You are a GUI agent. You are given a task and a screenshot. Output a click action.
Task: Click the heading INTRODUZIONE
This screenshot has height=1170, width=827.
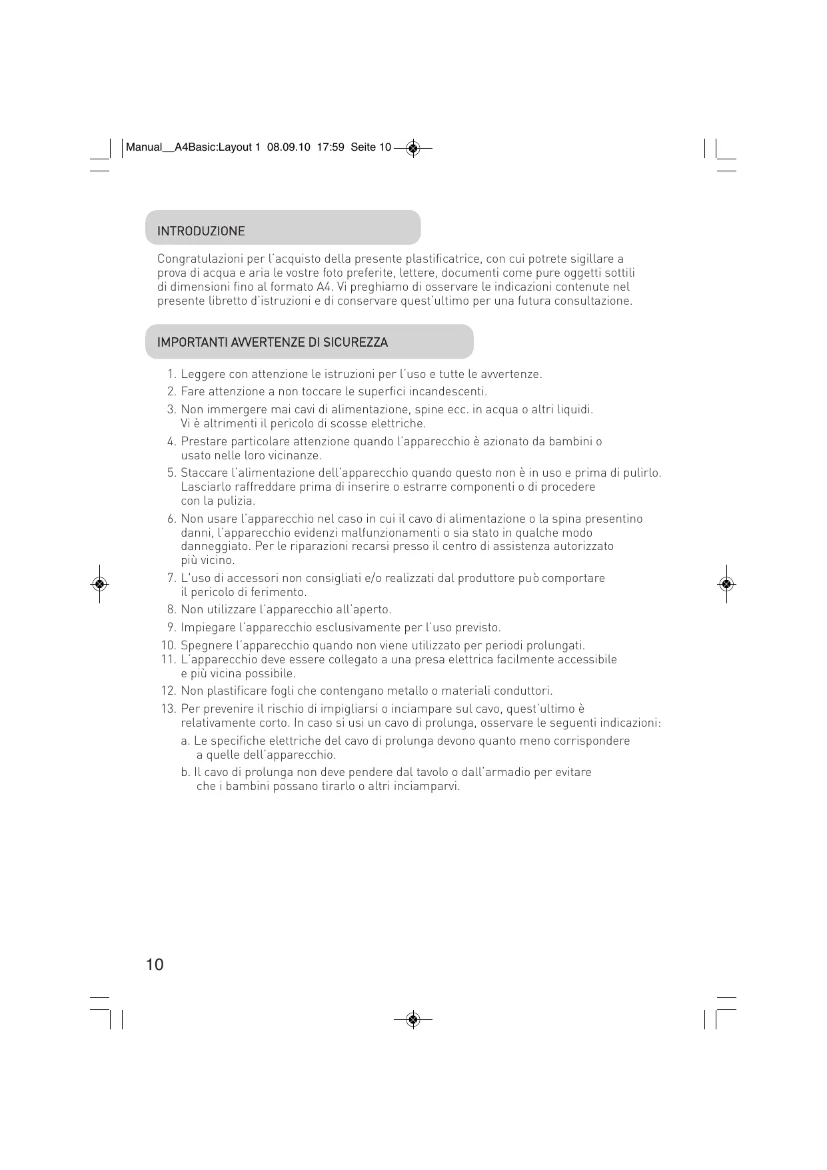[x=201, y=231]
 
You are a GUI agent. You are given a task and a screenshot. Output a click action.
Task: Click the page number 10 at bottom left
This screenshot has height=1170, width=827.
[x=154, y=965]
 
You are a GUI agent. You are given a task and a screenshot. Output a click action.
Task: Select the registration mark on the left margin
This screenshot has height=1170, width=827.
[x=99, y=584]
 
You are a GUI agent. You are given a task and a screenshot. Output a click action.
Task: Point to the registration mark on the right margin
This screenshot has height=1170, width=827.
[x=726, y=584]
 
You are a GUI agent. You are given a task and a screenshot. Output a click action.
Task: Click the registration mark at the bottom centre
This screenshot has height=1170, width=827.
[x=413, y=1019]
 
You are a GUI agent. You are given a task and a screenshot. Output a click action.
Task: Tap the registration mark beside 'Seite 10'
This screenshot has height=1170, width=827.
[x=413, y=148]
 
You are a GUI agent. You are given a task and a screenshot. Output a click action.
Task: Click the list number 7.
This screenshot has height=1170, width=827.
[x=171, y=578]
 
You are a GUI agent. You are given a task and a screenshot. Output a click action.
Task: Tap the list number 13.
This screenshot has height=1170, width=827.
[x=168, y=709]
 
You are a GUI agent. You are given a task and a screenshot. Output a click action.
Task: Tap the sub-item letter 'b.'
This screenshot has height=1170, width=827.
[x=186, y=772]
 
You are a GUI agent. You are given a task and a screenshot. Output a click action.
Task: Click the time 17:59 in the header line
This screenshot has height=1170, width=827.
[x=331, y=147]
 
